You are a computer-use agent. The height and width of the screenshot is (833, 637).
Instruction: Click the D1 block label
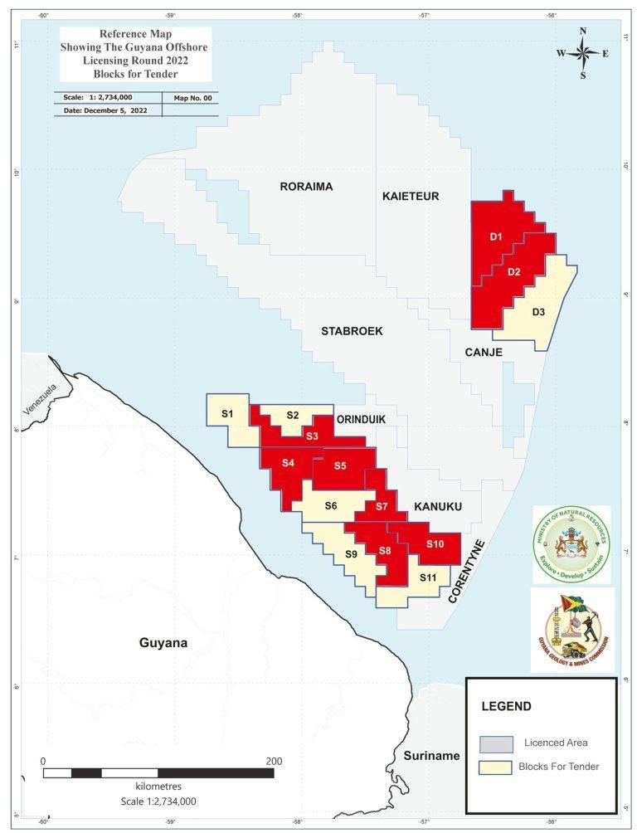pos(496,237)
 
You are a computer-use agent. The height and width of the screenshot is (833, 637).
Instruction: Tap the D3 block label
pos(538,312)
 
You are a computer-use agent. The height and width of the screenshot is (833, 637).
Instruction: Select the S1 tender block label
pos(226,413)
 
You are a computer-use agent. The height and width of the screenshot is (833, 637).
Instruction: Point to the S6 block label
pos(331,505)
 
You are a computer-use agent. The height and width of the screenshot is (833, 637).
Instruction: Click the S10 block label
pos(435,543)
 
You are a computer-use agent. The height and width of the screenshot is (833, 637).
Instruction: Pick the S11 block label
pos(427,577)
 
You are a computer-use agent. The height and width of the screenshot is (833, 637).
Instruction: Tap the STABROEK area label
pos(352,331)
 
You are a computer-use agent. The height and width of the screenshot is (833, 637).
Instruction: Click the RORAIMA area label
pos(306,187)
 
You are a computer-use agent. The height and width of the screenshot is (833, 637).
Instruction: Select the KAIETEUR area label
pos(411,197)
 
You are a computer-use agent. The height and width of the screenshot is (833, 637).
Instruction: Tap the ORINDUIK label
pos(361,419)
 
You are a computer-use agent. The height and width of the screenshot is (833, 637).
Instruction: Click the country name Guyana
pos(163,643)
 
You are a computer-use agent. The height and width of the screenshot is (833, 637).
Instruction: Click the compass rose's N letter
pos(583,32)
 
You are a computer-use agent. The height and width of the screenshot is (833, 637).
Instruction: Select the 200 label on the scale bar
pos(274,761)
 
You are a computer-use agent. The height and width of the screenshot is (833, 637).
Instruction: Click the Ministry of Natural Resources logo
pos(571,544)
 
